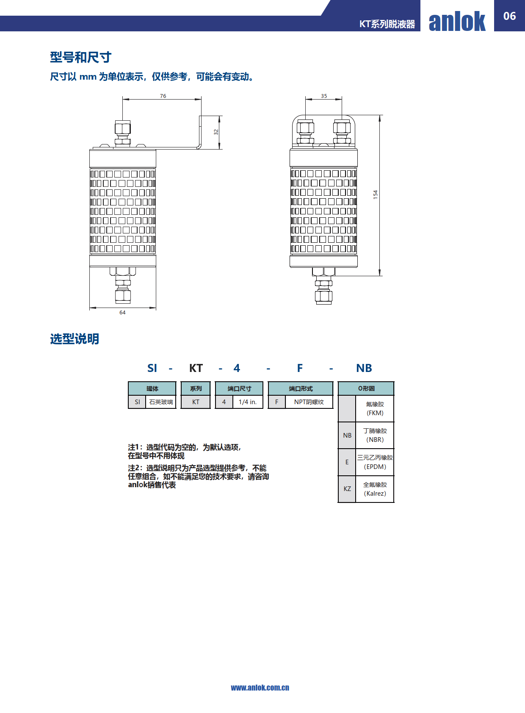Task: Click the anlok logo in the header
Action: click(457, 21)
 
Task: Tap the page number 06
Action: click(509, 16)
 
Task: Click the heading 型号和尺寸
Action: click(80, 57)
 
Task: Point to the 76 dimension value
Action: click(163, 96)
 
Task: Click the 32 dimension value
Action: click(216, 132)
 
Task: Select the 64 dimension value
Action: click(122, 313)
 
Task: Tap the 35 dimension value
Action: click(324, 96)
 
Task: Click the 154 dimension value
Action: click(376, 195)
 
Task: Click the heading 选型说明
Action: click(75, 339)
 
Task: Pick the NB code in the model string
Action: click(364, 368)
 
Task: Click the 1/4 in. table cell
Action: click(248, 402)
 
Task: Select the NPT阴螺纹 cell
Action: click(309, 402)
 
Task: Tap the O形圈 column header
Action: click(366, 388)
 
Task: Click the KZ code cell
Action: click(347, 488)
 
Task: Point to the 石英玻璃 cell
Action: click(161, 402)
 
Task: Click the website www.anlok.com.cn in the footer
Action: click(260, 688)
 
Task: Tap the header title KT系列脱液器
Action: click(387, 24)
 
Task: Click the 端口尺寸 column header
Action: click(239, 388)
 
